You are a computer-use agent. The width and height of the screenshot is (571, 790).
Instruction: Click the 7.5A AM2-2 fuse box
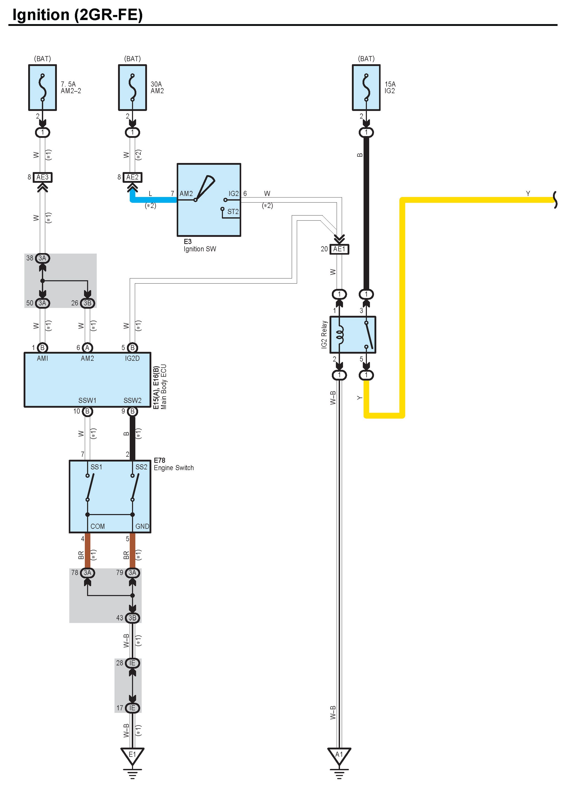pos(42,87)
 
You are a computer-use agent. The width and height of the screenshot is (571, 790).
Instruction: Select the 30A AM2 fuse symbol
pos(132,87)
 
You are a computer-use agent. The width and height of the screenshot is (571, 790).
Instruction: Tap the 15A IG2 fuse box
pos(366,87)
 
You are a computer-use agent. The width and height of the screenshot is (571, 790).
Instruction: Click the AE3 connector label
pos(42,177)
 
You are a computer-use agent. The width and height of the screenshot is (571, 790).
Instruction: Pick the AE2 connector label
pos(132,177)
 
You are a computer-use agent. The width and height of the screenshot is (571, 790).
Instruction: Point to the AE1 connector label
pos(339,249)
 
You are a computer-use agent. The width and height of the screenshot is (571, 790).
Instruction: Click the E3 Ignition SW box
pos(209,200)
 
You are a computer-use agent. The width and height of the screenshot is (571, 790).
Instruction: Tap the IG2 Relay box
pos(353,334)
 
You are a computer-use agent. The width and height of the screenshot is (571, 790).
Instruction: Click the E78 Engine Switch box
pos(110,496)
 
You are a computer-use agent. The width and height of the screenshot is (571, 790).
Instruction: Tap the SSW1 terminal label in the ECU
pos(87,401)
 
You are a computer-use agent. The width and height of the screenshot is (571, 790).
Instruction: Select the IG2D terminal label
pos(132,358)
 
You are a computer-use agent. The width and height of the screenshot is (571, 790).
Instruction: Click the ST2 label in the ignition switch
pos(233,212)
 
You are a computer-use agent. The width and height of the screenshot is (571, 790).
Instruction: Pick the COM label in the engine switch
pos(97,526)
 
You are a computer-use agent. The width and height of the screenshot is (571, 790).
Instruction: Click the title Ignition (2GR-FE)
pos(78,15)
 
